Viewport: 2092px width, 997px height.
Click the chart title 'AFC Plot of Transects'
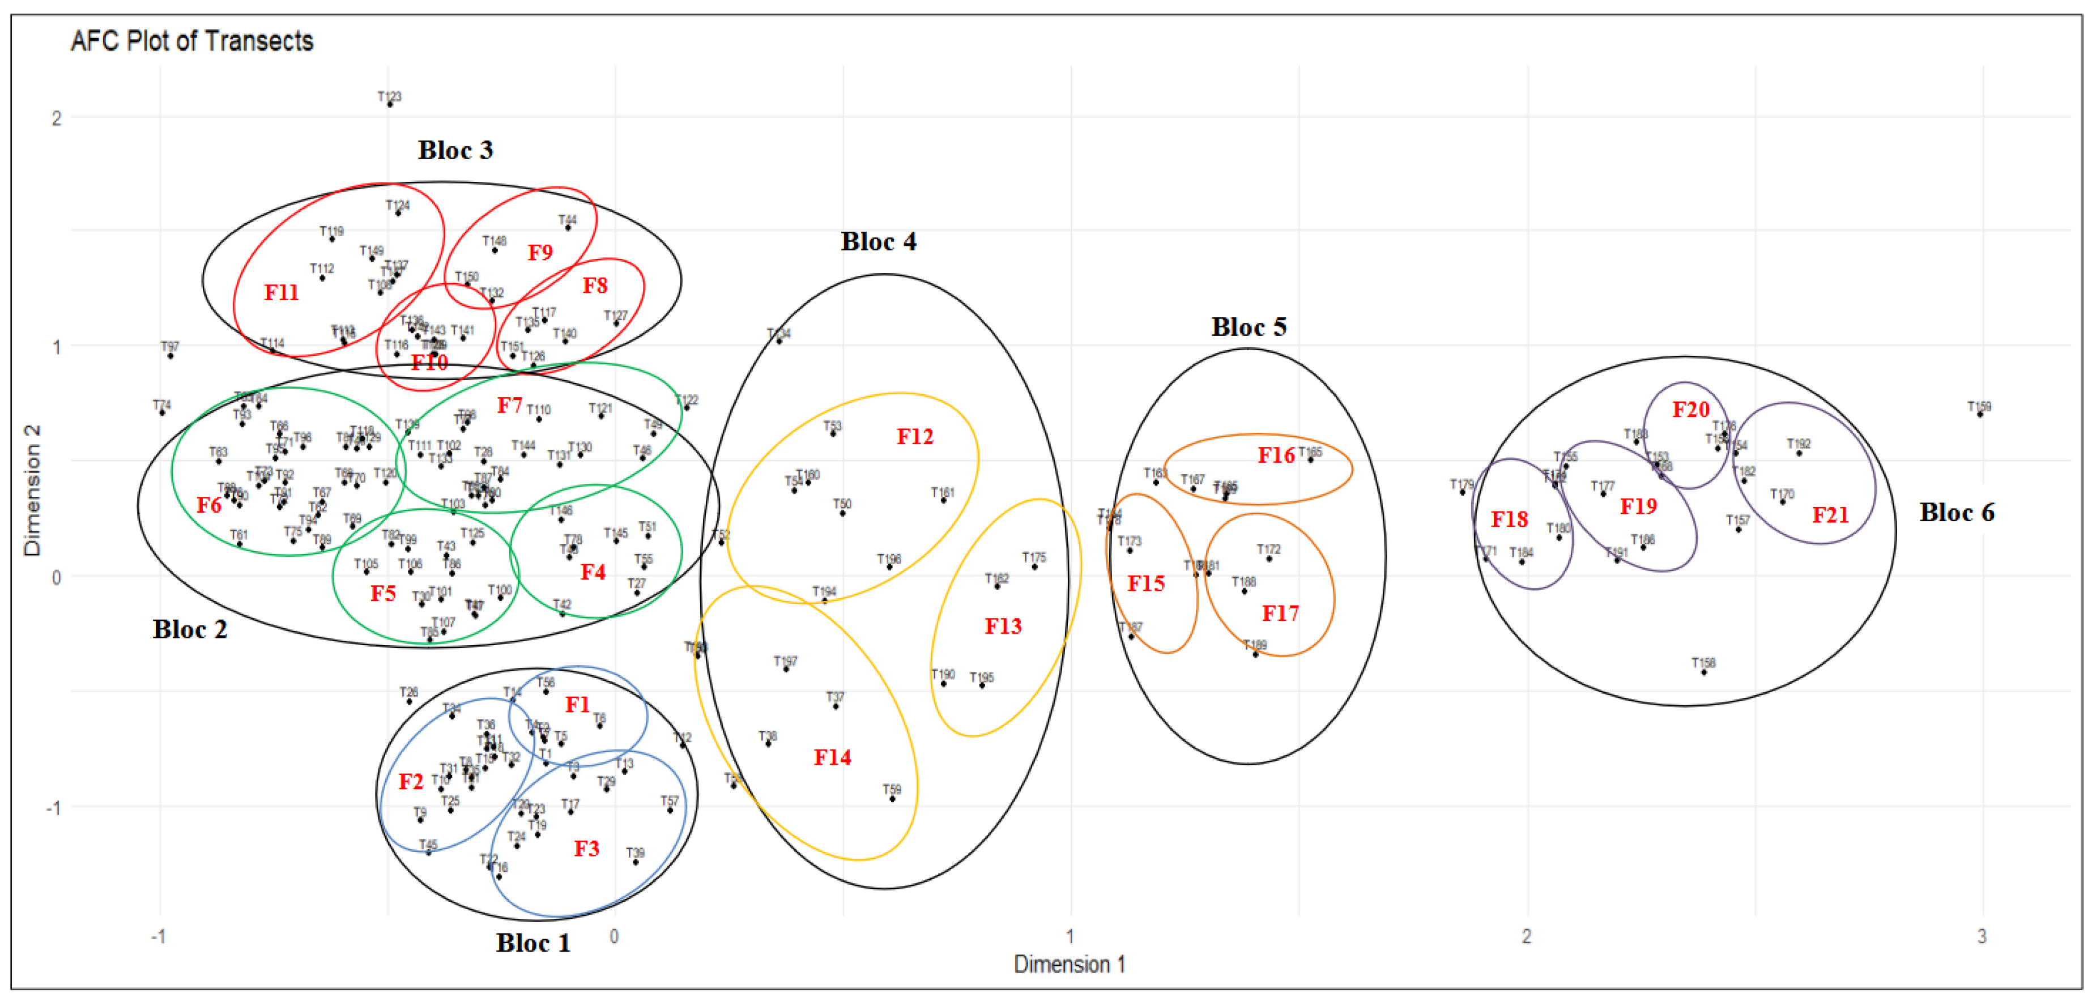point(191,41)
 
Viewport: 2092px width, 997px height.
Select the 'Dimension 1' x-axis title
point(1069,964)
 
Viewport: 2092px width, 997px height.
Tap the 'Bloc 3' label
point(455,150)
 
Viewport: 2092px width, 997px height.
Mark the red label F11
point(281,292)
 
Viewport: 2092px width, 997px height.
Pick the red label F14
point(832,757)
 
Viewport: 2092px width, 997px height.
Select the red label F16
point(1276,455)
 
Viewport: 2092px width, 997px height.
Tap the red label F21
point(1830,515)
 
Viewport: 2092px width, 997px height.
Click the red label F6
point(208,505)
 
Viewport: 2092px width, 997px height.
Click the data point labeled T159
point(1979,415)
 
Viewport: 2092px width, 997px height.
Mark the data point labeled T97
point(170,356)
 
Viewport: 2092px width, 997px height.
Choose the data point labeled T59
point(892,799)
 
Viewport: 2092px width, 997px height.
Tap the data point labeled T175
point(1034,566)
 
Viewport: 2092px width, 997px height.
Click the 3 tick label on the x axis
point(1982,936)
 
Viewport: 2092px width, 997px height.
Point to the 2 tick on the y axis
point(56,118)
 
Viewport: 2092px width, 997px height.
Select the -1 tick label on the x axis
point(159,936)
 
